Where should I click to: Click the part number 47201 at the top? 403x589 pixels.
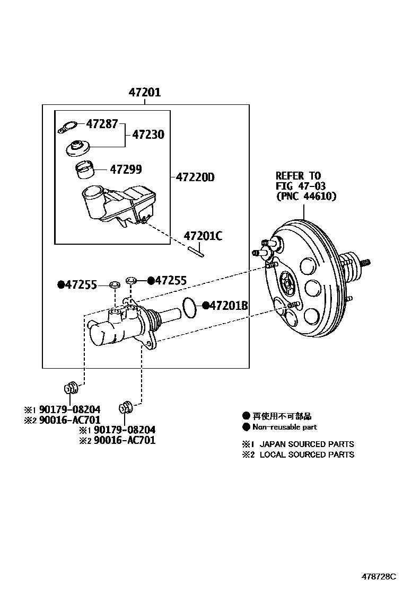point(144,93)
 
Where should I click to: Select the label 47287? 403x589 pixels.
point(102,124)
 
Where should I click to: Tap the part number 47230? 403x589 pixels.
point(148,135)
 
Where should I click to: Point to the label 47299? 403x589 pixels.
point(126,169)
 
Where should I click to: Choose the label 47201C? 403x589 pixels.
point(203,236)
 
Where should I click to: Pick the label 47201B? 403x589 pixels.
point(229,305)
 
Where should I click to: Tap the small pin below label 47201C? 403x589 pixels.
point(197,251)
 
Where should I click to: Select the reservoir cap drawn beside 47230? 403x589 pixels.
point(78,148)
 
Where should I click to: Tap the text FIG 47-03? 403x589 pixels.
point(300,185)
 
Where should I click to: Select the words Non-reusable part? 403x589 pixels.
point(284,427)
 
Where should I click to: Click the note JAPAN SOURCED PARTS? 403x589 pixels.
point(306,444)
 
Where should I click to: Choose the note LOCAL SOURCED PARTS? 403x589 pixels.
point(306,454)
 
